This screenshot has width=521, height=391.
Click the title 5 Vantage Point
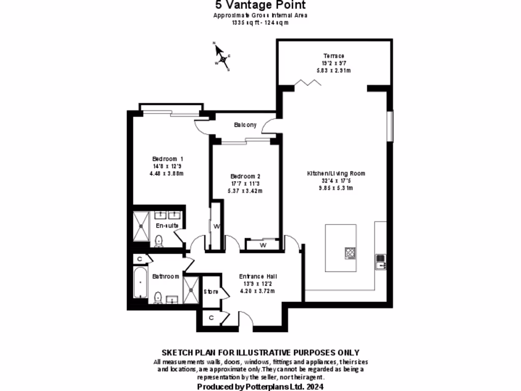260,6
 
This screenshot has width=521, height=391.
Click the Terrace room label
333,56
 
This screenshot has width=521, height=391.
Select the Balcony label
245,125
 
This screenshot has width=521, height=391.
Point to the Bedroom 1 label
167,158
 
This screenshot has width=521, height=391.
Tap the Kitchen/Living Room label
336,174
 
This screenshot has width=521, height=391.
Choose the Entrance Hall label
257,276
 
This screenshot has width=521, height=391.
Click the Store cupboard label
211,292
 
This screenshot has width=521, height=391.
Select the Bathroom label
166,276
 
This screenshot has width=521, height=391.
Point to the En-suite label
166,225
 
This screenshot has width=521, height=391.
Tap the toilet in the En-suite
158,241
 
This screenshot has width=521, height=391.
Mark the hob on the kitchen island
351,253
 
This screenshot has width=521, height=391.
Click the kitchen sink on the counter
380,262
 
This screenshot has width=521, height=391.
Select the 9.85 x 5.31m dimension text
336,188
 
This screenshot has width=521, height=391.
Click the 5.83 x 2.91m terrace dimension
333,71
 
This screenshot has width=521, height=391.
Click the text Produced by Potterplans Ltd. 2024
260,386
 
